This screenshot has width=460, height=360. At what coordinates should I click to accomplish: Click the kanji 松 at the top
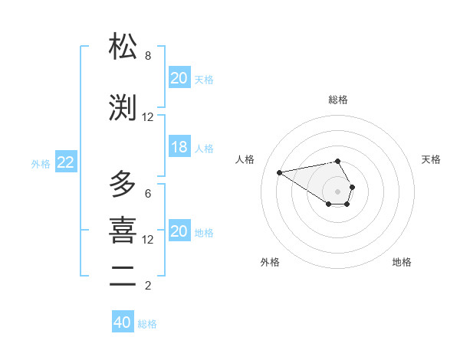(x=123, y=47)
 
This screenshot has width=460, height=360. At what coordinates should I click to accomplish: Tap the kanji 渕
(x=123, y=109)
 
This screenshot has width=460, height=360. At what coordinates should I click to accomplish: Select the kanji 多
(x=123, y=185)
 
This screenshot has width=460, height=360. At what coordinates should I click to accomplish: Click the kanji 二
(x=123, y=277)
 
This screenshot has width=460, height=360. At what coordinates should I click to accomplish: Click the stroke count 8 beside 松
(x=148, y=56)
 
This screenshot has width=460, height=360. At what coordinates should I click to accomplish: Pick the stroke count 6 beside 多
(x=148, y=194)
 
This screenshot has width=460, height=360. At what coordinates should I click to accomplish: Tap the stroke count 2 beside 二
(x=148, y=286)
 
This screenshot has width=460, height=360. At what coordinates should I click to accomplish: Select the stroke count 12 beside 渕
(x=148, y=117)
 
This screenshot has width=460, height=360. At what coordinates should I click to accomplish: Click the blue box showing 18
(x=179, y=148)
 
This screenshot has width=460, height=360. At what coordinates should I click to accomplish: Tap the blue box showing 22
(x=66, y=162)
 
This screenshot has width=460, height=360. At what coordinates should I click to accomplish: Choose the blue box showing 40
(x=123, y=322)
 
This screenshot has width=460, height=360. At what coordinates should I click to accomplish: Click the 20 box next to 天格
(x=179, y=78)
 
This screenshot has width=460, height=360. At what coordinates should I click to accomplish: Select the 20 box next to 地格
(x=179, y=232)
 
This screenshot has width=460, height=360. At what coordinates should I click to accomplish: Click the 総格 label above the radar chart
(x=338, y=100)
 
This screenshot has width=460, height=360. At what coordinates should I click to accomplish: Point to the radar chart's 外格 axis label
(x=270, y=262)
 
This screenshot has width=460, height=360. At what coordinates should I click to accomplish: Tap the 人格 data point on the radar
(x=279, y=172)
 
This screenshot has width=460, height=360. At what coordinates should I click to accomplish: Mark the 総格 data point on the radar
(x=338, y=161)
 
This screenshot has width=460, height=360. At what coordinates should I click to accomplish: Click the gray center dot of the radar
(x=338, y=191)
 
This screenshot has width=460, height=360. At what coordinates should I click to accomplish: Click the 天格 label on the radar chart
(x=431, y=159)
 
